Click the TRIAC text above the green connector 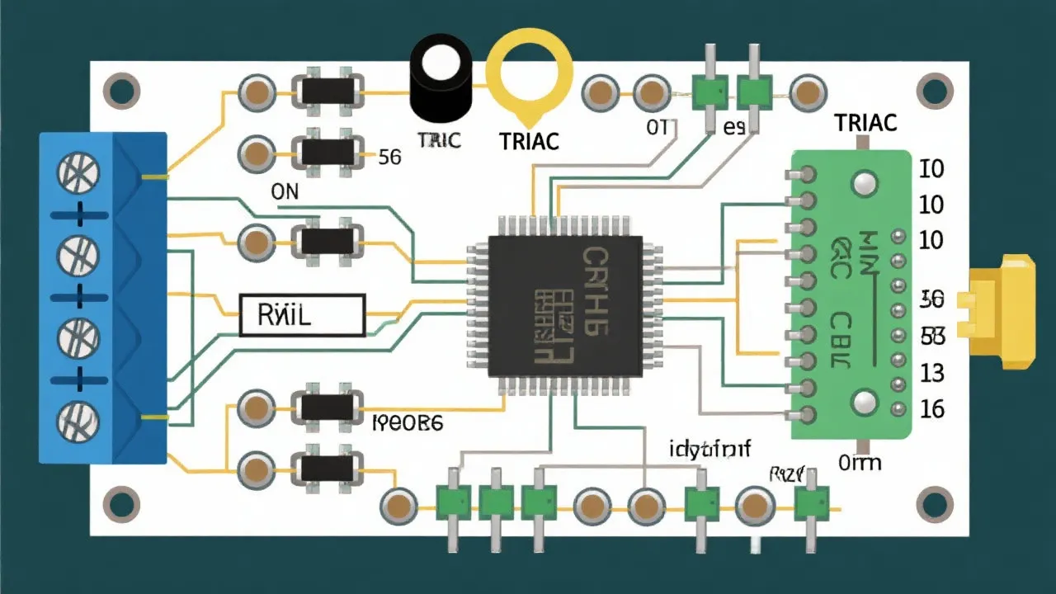coord(865,123)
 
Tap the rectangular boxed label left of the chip coord(302,315)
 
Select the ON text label coord(285,191)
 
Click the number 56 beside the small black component coord(389,157)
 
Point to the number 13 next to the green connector coord(931,373)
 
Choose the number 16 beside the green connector coord(931,408)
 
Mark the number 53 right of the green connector coord(931,336)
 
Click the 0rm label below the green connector coord(859,462)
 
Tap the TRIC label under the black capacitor coord(438,140)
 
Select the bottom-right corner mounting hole coord(935,502)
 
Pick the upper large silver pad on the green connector coord(865,183)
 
